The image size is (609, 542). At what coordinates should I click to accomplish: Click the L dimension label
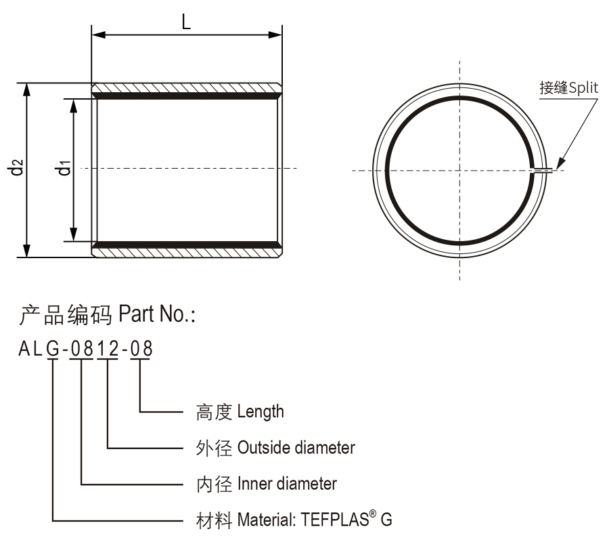tap(186, 21)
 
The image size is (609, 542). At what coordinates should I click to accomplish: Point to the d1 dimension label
tap(63, 167)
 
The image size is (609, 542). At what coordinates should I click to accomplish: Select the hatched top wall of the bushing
tap(186, 89)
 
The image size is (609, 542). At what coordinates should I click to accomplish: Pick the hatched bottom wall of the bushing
tap(186, 251)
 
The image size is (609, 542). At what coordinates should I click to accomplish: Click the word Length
tap(262, 411)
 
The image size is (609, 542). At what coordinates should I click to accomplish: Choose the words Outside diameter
tap(296, 448)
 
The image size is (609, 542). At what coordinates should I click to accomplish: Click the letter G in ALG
tap(53, 350)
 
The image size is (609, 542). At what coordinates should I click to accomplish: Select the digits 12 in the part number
tap(108, 350)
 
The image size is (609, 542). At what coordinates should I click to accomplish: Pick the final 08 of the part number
tap(141, 350)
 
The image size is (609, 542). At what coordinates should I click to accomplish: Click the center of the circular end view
tap(459, 170)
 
